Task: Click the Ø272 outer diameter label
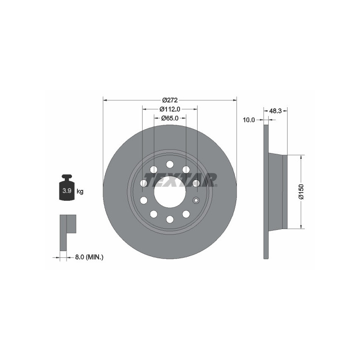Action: tap(170, 100)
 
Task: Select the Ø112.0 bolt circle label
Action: tap(170, 109)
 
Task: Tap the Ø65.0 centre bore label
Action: tap(170, 118)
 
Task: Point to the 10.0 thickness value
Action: tap(248, 120)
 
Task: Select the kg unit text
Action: tap(80, 192)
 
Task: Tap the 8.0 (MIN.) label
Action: tap(89, 257)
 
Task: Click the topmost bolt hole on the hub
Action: tap(170, 164)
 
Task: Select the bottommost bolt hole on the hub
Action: tap(170, 219)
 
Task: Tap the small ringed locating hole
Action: tap(196, 200)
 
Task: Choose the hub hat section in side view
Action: tap(277, 191)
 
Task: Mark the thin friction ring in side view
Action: tap(266, 191)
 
